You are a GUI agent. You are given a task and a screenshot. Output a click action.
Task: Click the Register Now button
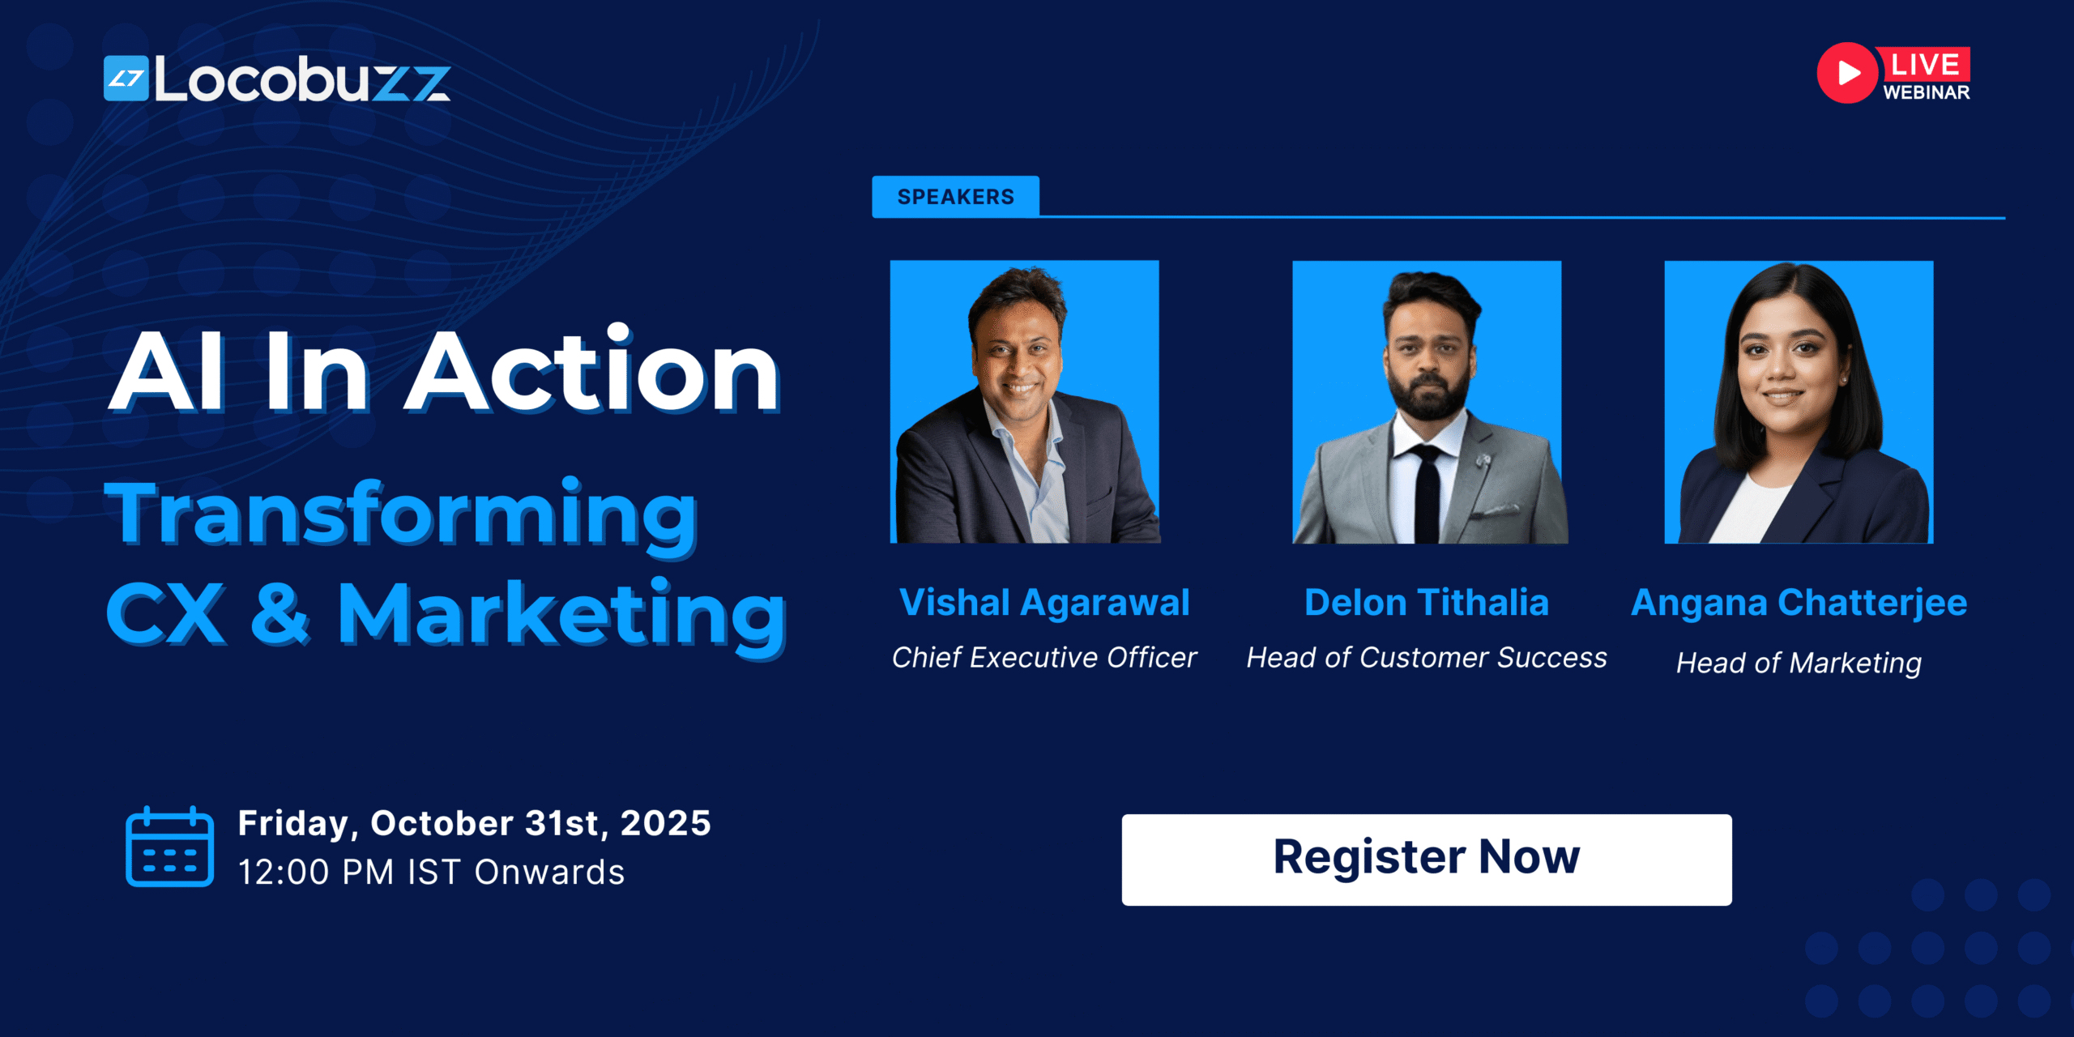pos(1426,859)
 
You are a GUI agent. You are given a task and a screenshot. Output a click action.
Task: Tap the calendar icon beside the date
pos(169,847)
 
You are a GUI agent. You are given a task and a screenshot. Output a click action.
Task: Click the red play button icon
pos(1846,73)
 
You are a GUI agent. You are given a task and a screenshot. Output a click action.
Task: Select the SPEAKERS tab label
pos(955,197)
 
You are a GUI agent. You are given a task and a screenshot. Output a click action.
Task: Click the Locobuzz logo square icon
pos(126,79)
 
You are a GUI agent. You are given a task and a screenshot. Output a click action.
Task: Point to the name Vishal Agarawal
pos(1043,603)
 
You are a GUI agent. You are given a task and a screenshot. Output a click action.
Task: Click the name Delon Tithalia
pos(1426,603)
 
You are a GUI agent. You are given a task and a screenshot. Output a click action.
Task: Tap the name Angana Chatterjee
pos(1799,603)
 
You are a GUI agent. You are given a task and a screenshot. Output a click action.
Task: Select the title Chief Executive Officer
pos(1043,657)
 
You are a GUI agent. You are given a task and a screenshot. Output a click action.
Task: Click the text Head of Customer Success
pos(1426,657)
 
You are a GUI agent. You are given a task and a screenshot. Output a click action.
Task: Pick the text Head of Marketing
pos(1799,663)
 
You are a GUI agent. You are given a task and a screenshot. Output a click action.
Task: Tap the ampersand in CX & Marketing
pos(280,613)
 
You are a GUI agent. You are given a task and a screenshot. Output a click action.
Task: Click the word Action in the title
pos(591,373)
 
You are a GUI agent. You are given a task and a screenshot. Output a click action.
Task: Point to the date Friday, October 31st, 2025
pos(474,823)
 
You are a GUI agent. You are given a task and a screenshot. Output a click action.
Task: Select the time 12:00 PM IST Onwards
pos(431,873)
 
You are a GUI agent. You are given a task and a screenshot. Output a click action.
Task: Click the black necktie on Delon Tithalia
pos(1427,494)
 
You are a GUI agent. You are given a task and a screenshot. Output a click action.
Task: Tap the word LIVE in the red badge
pos(1924,65)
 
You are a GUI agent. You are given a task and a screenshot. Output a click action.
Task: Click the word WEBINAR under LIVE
pos(1926,92)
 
